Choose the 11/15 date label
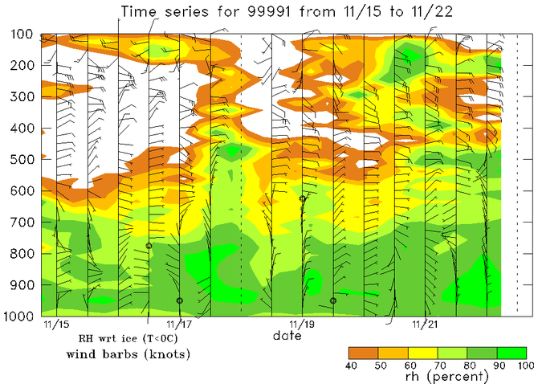point(55,325)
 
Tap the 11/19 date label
point(302,325)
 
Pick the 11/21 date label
point(425,325)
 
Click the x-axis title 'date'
point(287,336)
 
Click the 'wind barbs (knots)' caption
point(111,354)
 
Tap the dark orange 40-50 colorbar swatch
point(363,353)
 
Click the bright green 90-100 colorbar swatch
point(512,353)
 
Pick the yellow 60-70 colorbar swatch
point(422,353)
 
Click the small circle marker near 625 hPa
point(303,198)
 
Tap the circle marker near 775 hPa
point(149,246)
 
